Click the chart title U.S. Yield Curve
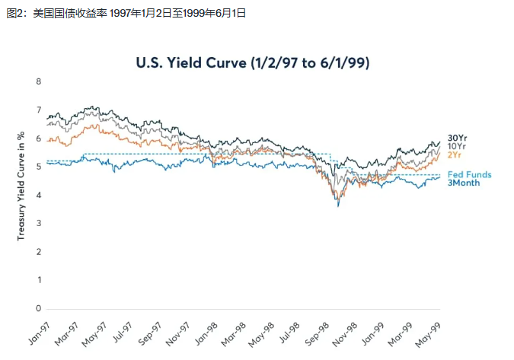pyautogui.click(x=254, y=62)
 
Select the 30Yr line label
pyautogui.click(x=457, y=137)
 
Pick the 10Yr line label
pyautogui.click(x=457, y=146)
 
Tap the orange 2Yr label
pyautogui.click(x=454, y=155)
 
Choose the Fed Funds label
pyautogui.click(x=469, y=174)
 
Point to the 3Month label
pyautogui.click(x=464, y=183)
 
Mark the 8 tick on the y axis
pyautogui.click(x=38, y=81)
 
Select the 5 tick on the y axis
pyautogui.click(x=38, y=167)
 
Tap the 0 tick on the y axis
pyautogui.click(x=38, y=308)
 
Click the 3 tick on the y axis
pyautogui.click(x=38, y=224)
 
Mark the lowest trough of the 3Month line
pyautogui.click(x=338, y=206)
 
